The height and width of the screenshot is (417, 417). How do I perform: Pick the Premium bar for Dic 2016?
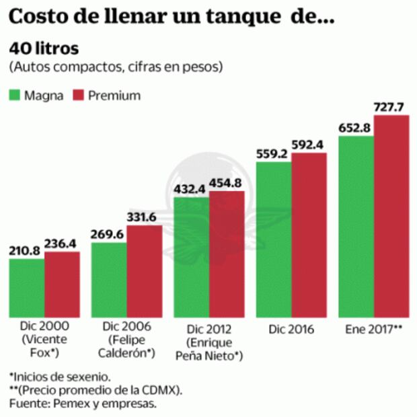[x=309, y=235]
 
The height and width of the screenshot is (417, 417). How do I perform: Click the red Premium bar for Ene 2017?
[x=391, y=216]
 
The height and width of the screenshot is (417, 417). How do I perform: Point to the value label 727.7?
[x=391, y=107]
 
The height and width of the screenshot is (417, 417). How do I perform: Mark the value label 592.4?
[x=309, y=144]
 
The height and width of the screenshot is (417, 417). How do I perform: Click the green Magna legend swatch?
[x=15, y=96]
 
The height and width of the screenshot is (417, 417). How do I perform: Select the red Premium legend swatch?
[x=81, y=96]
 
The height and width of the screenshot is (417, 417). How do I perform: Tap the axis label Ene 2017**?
[x=374, y=330]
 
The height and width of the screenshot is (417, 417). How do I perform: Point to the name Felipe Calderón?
[x=126, y=347]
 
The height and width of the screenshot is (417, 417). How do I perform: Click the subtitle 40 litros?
[x=44, y=50]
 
